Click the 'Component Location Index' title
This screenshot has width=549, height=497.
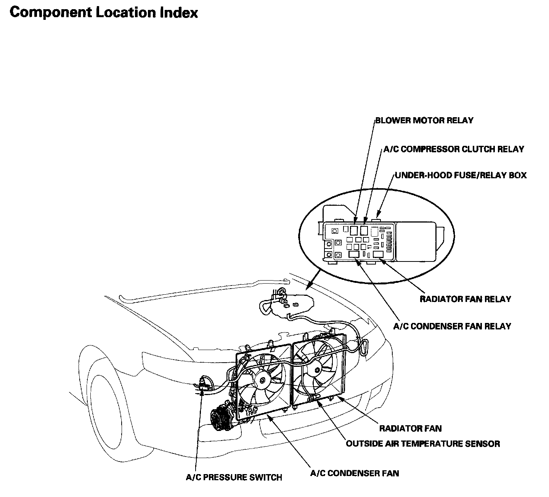click(103, 13)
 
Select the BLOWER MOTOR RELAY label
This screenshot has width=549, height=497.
click(424, 121)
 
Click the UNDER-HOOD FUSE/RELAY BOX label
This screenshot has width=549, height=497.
click(461, 175)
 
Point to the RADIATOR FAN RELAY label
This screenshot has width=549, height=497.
click(465, 299)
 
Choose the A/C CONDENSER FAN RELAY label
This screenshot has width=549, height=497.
click(452, 326)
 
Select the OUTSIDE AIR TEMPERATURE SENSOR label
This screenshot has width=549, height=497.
click(423, 444)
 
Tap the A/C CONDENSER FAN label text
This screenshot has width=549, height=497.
click(355, 473)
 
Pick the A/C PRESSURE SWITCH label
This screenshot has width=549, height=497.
click(234, 477)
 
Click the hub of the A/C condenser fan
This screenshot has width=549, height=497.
click(263, 380)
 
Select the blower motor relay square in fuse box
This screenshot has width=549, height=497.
click(354, 230)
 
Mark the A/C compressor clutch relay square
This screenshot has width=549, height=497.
click(364, 230)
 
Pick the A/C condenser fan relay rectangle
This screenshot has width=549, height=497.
click(354, 254)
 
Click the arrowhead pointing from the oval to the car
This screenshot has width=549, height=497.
click(309, 285)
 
